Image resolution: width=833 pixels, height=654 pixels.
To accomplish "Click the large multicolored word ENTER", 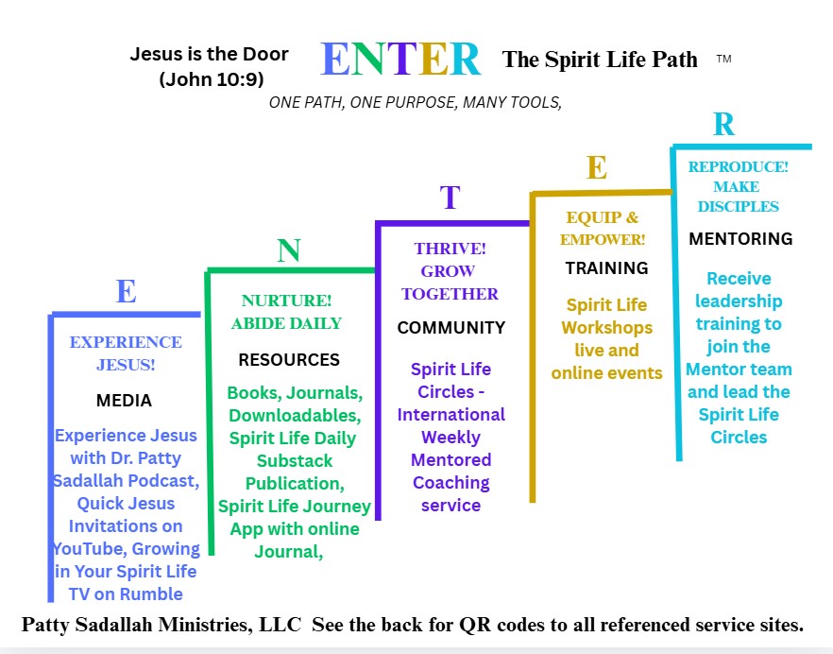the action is click(x=401, y=59).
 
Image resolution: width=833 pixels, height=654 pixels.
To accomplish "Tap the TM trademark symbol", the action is click(x=723, y=59).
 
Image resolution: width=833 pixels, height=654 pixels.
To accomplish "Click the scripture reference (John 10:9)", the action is click(x=212, y=79).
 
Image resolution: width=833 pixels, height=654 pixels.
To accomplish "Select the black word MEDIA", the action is click(x=124, y=400).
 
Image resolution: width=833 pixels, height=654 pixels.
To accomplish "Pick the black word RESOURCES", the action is click(x=289, y=359).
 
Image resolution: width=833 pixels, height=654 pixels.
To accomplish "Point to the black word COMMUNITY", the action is click(x=451, y=328).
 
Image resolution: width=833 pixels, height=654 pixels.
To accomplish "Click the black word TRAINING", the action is click(x=606, y=268).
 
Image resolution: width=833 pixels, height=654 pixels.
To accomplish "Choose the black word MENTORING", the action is click(x=740, y=239).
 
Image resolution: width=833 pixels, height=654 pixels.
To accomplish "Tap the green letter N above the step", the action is click(x=289, y=250).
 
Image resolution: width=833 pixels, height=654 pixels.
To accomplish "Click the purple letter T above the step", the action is click(x=450, y=198).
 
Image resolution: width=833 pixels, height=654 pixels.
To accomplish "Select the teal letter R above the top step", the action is click(x=724, y=125).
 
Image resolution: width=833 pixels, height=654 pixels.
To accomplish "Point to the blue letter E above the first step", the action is click(x=126, y=291).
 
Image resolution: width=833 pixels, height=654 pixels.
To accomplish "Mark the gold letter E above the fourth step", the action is click(x=597, y=167).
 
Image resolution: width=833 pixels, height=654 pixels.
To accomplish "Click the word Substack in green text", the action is click(x=295, y=460).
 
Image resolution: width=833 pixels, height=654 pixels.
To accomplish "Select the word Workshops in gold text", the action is click(x=606, y=328).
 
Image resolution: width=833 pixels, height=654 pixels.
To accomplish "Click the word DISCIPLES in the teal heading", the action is click(x=738, y=206).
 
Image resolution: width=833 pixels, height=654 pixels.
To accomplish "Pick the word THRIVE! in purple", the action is click(x=450, y=249).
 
